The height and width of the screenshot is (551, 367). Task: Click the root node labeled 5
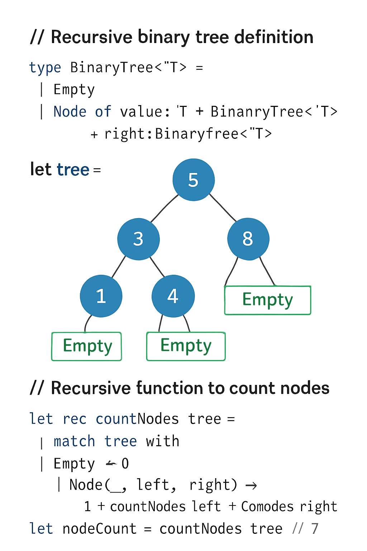click(194, 180)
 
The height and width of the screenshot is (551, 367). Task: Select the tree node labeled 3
click(138, 239)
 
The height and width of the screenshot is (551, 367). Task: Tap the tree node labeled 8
click(248, 239)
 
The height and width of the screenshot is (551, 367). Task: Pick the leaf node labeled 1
click(101, 296)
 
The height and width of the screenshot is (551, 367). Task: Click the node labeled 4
click(173, 296)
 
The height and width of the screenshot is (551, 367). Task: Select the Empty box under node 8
click(267, 300)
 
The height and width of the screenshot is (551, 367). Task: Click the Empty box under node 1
click(87, 346)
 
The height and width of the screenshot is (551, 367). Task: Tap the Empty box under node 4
click(186, 346)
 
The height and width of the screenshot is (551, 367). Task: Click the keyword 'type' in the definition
click(45, 68)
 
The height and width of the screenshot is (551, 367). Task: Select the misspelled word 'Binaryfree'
click(197, 134)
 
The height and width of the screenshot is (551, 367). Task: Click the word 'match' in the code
click(74, 441)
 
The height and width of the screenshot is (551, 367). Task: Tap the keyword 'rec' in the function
click(75, 419)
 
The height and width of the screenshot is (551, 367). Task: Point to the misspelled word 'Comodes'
click(267, 507)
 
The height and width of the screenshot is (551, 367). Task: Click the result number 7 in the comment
click(315, 529)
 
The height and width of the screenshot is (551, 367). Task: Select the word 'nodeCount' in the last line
click(99, 529)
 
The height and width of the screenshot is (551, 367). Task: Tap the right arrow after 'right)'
click(251, 486)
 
